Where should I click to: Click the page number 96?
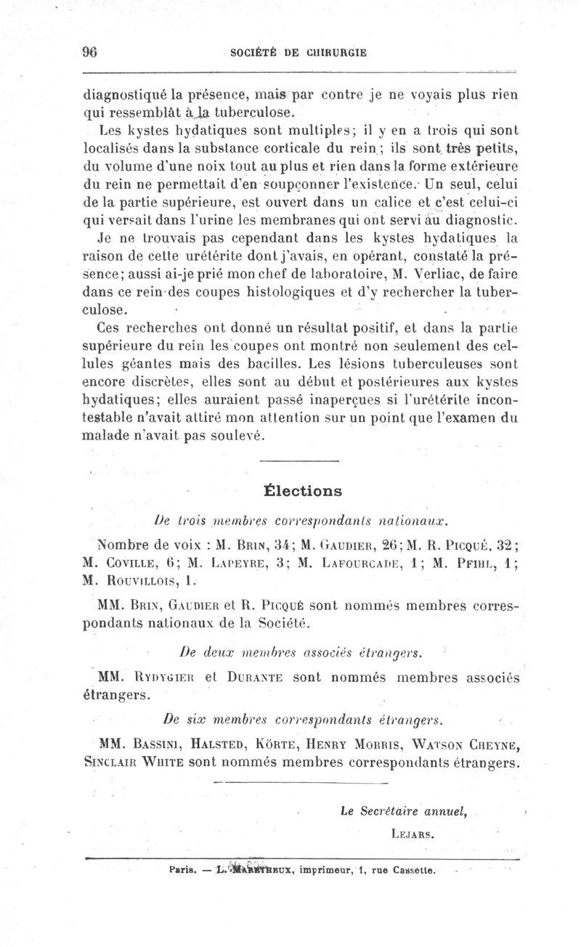coord(91,52)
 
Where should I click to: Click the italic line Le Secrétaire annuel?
coord(403,811)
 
